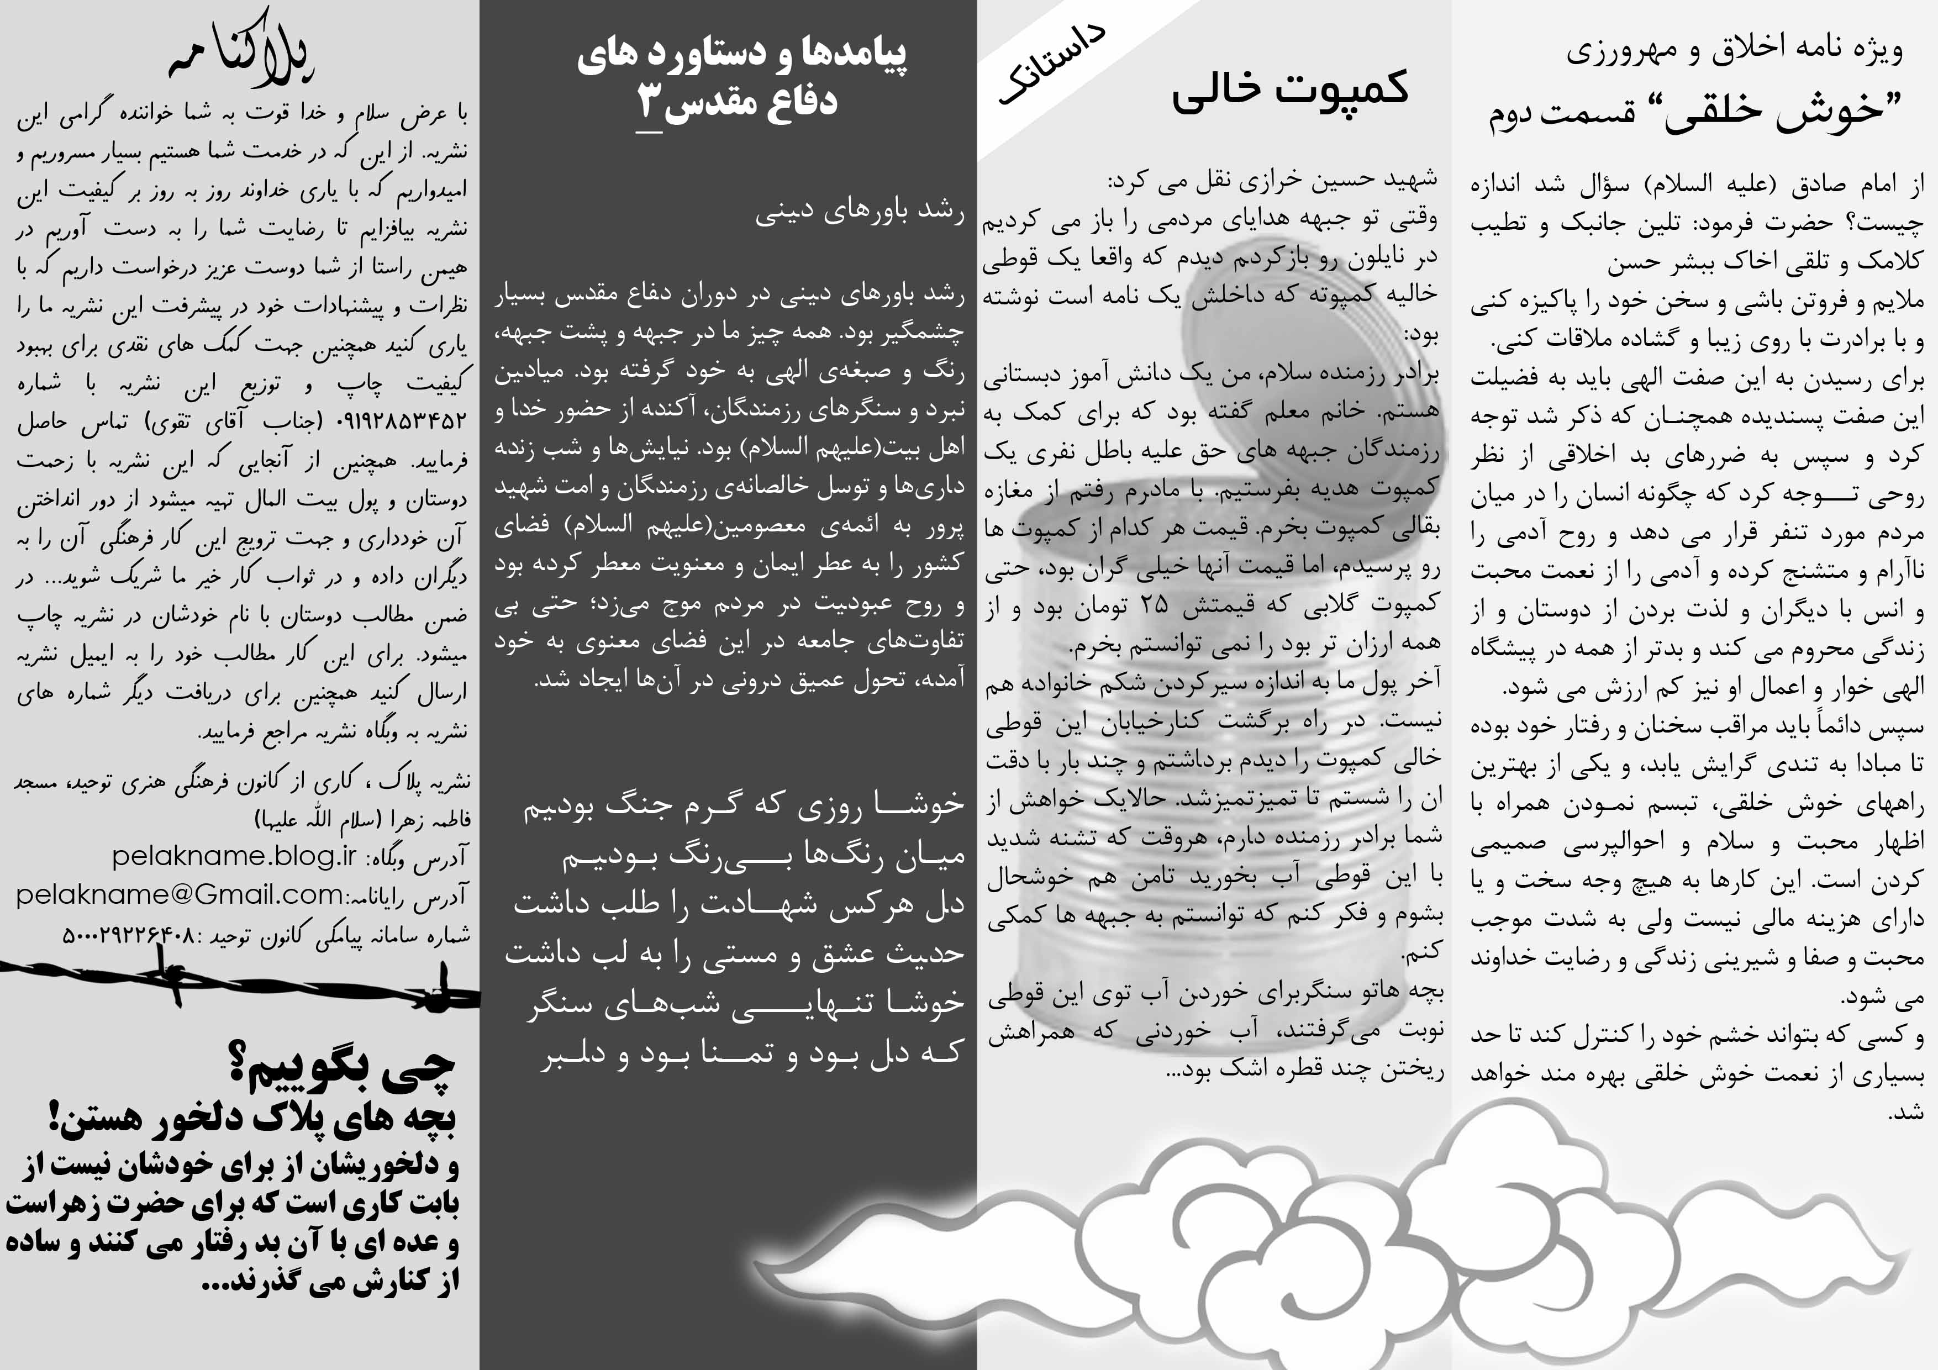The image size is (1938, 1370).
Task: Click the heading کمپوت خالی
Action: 1290,88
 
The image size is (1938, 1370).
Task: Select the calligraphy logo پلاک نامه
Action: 241,52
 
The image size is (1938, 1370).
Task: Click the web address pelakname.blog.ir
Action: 235,857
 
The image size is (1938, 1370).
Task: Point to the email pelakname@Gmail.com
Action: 179,894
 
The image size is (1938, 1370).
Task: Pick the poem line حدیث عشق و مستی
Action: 734,954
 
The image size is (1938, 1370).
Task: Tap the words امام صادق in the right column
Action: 1857,184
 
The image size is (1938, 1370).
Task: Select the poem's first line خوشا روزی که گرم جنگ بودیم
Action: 743,805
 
